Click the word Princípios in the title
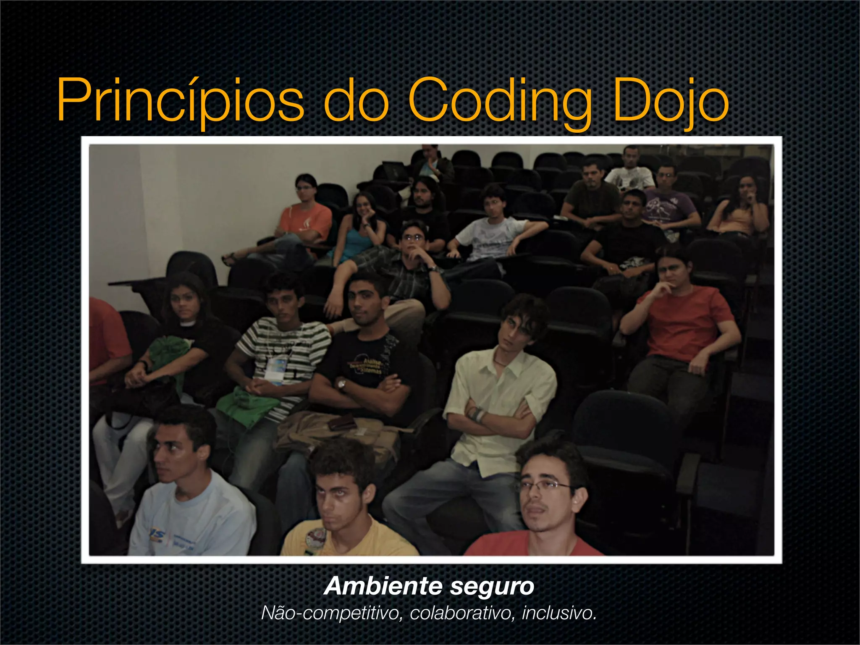click(x=181, y=101)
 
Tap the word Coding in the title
click(x=500, y=101)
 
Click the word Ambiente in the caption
click(x=383, y=586)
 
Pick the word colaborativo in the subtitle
click(x=462, y=613)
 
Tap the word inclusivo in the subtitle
click(x=558, y=613)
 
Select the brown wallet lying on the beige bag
click(x=342, y=422)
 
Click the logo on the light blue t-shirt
click(x=157, y=536)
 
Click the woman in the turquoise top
click(x=359, y=231)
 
